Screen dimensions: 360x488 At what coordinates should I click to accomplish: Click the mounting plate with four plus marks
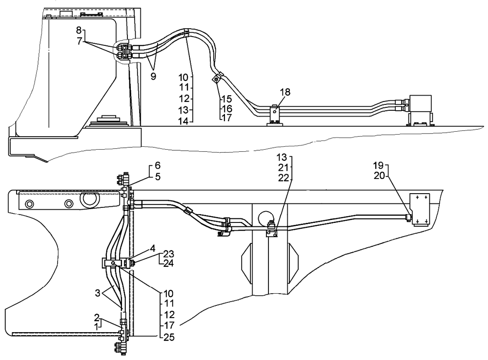tap(421, 209)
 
